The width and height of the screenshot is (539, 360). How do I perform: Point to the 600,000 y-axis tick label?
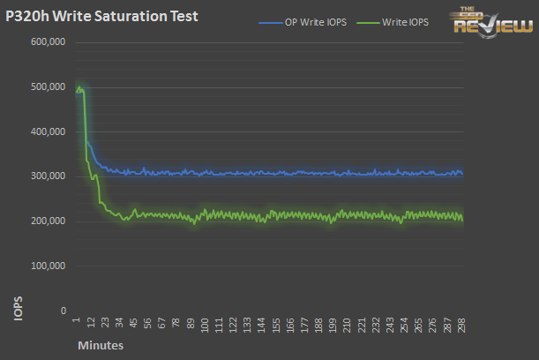(x=49, y=42)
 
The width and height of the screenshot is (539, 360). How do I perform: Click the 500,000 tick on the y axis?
(x=49, y=87)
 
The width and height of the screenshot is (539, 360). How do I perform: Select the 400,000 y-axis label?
(x=49, y=132)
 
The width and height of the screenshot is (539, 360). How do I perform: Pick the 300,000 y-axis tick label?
(x=49, y=176)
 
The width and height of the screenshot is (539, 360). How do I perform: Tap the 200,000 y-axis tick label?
(x=49, y=221)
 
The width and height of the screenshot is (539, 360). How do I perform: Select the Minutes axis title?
(x=100, y=346)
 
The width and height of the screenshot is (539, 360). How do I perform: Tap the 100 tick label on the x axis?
(x=206, y=326)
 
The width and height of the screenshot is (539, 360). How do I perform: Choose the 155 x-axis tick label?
(x=276, y=326)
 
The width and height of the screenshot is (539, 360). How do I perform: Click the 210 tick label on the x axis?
(x=347, y=326)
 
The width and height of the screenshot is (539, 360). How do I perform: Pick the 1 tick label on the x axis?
(x=78, y=321)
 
